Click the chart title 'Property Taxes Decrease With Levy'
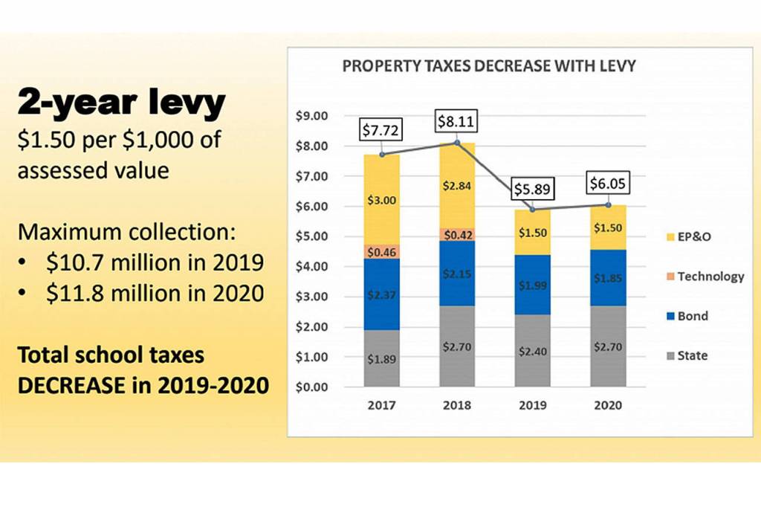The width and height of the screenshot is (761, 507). click(x=488, y=66)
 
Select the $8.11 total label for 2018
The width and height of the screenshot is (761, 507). click(x=456, y=120)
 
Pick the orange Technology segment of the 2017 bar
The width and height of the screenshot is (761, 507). click(x=382, y=251)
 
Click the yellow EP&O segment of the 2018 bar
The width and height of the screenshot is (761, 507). click(x=456, y=185)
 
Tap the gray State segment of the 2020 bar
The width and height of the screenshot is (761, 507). click(x=607, y=346)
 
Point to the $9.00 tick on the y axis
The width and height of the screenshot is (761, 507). click(x=311, y=116)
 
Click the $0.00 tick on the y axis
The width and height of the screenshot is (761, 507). click(x=311, y=387)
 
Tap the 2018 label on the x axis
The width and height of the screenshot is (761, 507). click(x=456, y=406)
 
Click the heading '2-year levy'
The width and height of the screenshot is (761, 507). click(x=120, y=103)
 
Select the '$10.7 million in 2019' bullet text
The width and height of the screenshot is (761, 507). click(x=155, y=263)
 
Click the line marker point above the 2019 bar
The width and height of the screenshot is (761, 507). click(x=531, y=210)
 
